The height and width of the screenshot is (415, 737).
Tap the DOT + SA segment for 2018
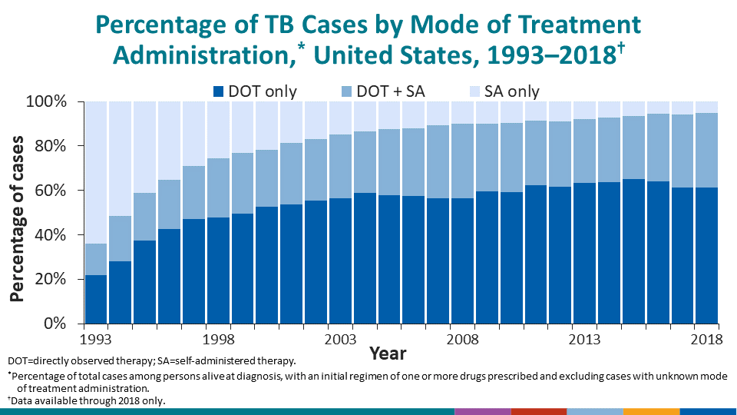point(706,150)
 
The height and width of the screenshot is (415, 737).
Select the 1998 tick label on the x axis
point(219,339)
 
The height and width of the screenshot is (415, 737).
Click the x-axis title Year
point(388,354)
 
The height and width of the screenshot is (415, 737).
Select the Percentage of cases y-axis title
point(17,219)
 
